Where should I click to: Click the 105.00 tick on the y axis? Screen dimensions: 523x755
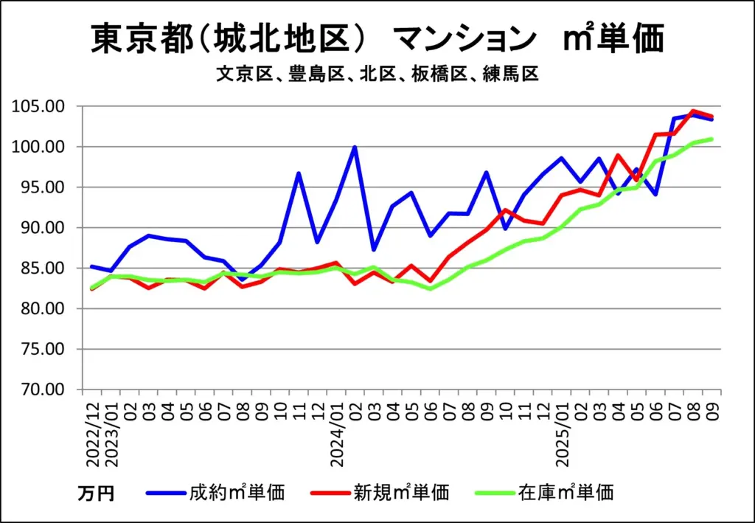pyautogui.click(x=43, y=106)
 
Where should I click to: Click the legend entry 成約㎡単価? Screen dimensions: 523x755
pyautogui.click(x=236, y=491)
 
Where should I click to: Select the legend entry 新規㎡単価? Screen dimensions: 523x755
pyautogui.click(x=401, y=491)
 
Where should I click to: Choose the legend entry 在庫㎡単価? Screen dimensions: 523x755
pyautogui.click(x=566, y=491)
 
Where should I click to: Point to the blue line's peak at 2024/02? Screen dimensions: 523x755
pyautogui.click(x=355, y=147)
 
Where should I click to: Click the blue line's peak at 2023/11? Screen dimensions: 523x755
pyautogui.click(x=299, y=173)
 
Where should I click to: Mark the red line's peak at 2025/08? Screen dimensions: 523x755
pyautogui.click(x=693, y=111)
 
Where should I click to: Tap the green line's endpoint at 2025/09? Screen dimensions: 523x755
pyautogui.click(x=711, y=139)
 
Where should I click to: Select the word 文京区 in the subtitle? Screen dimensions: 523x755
pyautogui.click(x=238, y=75)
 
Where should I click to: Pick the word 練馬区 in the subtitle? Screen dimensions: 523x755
pyautogui.click(x=512, y=75)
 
